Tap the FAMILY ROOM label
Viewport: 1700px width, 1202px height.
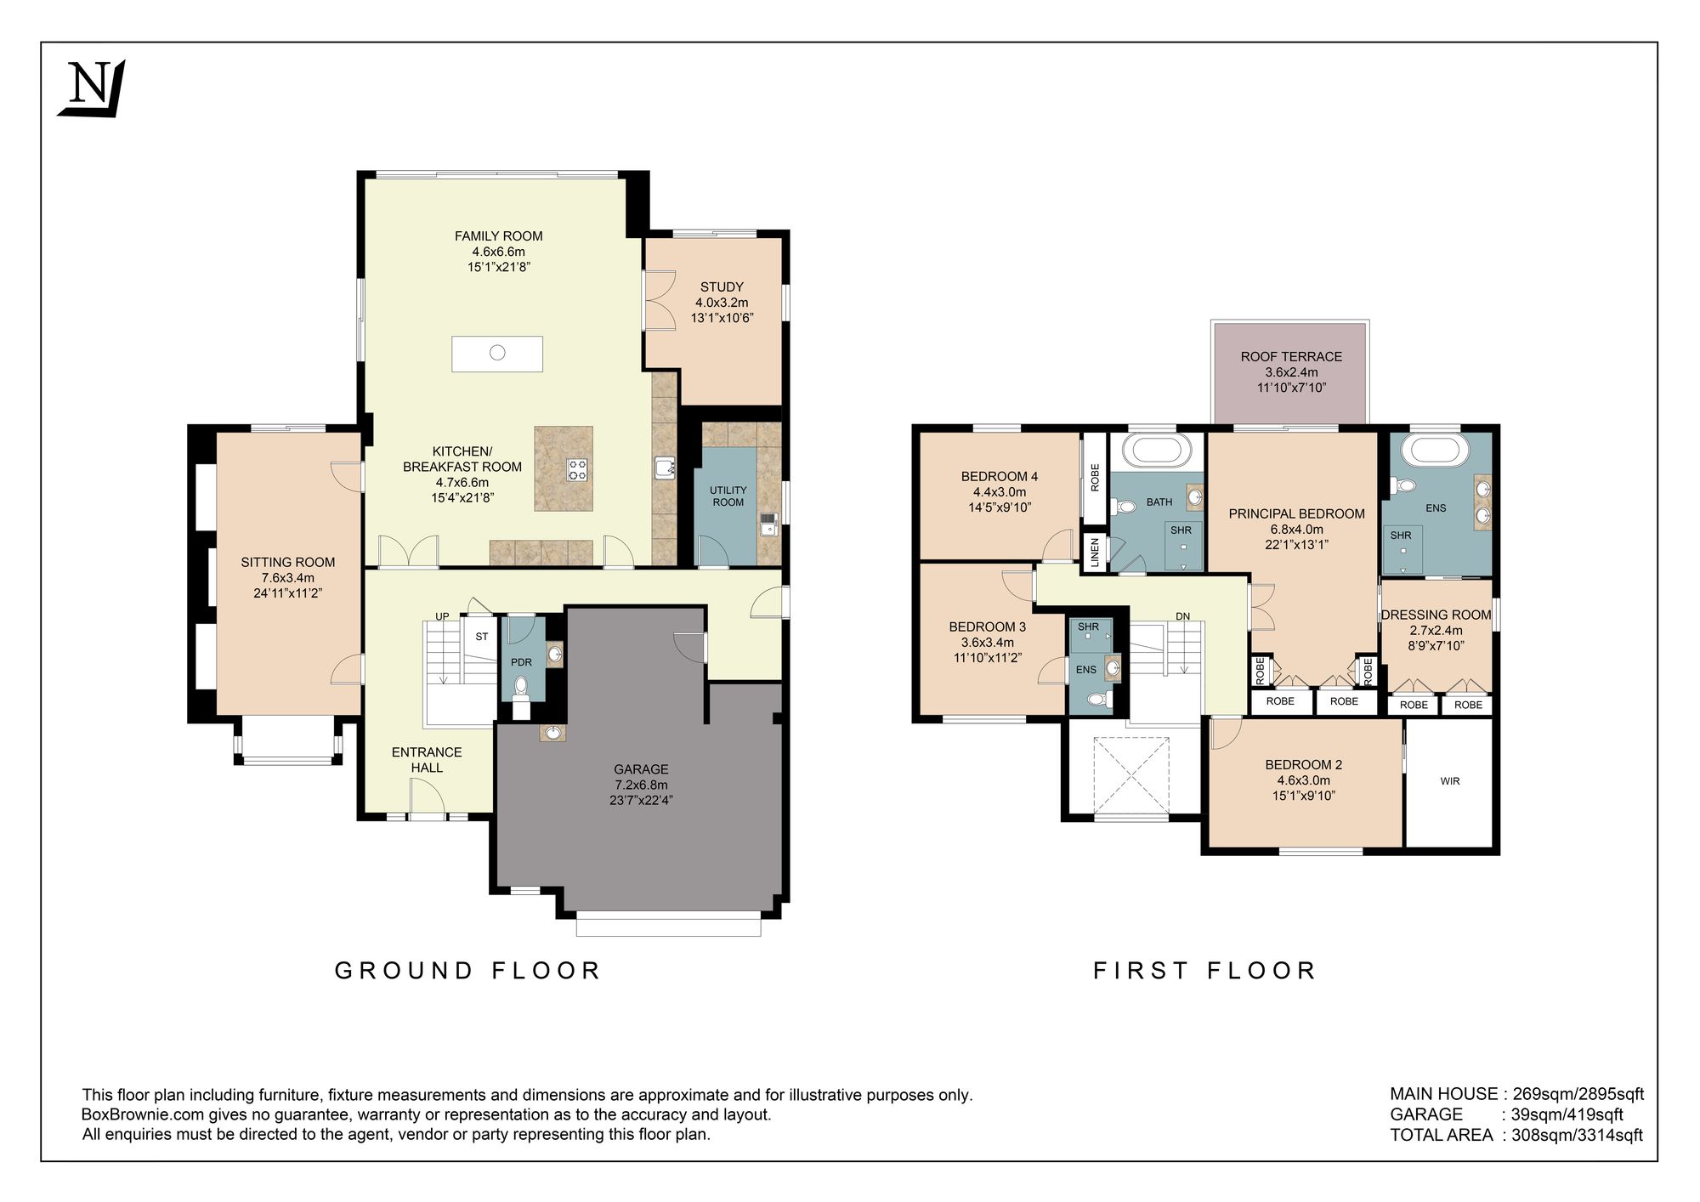tap(498, 236)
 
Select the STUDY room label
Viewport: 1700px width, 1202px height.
tap(722, 287)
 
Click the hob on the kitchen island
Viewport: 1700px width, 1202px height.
tap(577, 470)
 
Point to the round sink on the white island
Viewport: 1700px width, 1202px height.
tap(498, 353)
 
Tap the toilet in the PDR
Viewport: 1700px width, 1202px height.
tap(521, 686)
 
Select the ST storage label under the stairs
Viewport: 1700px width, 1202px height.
tap(482, 637)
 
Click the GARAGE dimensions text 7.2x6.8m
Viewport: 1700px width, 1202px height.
tap(641, 785)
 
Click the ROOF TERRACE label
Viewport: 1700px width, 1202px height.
tap(1291, 357)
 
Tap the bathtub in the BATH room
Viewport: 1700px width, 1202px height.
tap(1157, 451)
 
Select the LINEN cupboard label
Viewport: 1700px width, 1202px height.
tap(1095, 553)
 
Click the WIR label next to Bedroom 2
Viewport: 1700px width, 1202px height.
tap(1450, 780)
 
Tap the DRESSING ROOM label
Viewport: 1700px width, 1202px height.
tap(1436, 615)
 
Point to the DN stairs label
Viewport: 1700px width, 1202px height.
tap(1183, 616)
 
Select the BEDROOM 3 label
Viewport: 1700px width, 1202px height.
tap(987, 627)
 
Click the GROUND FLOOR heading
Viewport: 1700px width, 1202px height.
tap(467, 971)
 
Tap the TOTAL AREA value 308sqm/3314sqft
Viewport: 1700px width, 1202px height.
tap(1577, 1135)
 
